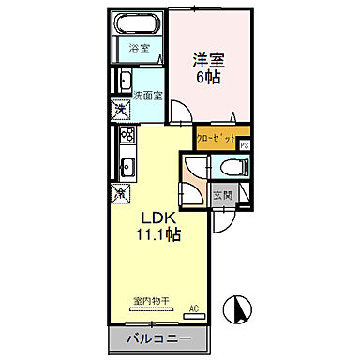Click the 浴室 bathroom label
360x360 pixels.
tap(138, 48)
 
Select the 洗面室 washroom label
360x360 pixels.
tap(147, 96)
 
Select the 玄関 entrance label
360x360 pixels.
tap(221, 195)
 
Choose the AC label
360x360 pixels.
tap(194, 307)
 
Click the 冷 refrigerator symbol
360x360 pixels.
tap(121, 191)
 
